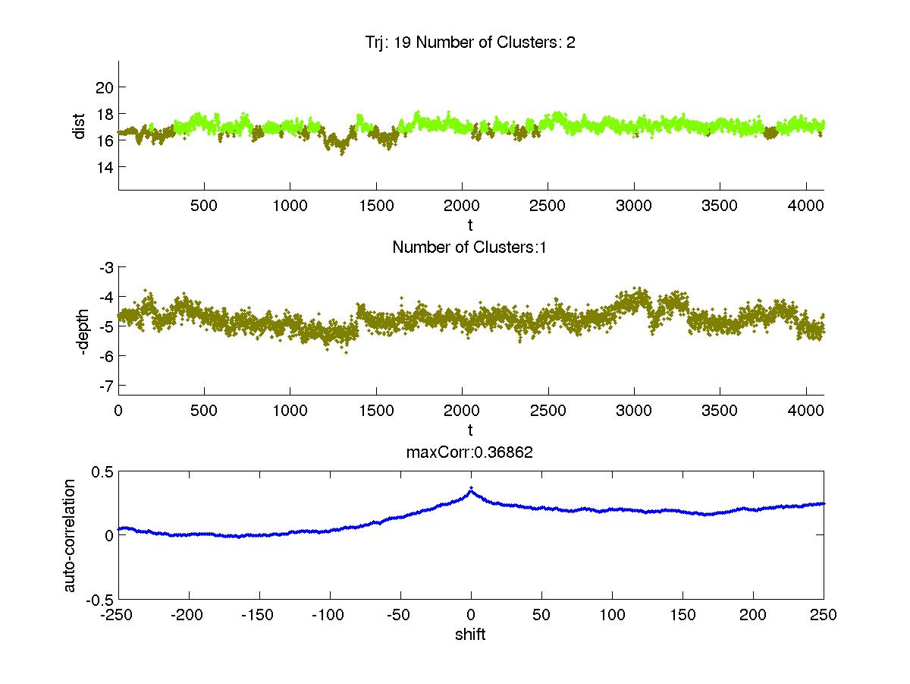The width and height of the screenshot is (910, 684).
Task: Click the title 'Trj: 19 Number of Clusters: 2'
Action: (470, 43)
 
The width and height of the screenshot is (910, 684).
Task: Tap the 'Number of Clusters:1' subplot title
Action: (470, 247)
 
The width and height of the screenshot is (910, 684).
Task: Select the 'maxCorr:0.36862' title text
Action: (470, 452)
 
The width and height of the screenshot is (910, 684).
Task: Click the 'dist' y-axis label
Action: (79, 126)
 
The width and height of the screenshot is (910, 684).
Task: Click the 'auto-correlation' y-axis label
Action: (70, 535)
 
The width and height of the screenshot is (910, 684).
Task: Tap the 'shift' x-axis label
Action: (470, 634)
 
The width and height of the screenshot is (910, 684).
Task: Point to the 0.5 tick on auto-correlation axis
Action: (103, 471)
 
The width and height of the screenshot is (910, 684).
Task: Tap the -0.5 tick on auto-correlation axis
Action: (101, 599)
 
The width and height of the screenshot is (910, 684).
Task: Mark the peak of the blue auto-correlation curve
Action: (471, 488)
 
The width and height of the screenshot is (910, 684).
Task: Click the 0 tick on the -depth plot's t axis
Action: (119, 411)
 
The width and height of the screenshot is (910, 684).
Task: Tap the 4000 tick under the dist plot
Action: (807, 206)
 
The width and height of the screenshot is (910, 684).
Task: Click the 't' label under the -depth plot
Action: (470, 430)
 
